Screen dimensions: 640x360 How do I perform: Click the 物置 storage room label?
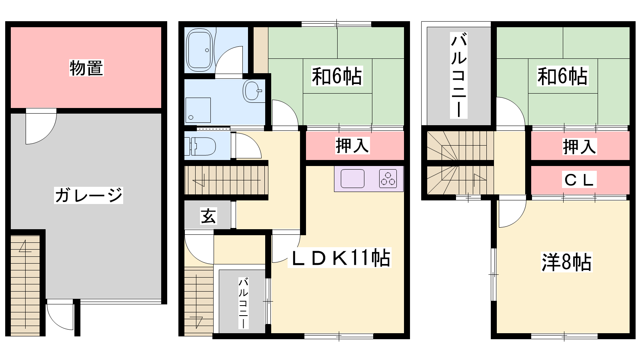coord(86,68)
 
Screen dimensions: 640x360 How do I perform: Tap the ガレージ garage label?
coord(88,196)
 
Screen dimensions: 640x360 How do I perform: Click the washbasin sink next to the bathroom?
coord(252,91)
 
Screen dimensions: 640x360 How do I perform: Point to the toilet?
coord(200,146)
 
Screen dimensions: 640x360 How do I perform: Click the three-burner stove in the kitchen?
coord(388,178)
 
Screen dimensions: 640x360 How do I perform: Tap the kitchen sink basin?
coord(352,178)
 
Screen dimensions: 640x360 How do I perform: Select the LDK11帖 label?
coord(340,258)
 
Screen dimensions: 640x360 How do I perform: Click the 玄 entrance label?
coord(208,216)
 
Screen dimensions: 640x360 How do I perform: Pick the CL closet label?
coord(579,180)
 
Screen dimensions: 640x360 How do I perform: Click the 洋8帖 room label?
coord(566,262)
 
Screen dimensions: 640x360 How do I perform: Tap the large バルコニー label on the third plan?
coord(458,75)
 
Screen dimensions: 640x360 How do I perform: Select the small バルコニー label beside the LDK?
coord(244,303)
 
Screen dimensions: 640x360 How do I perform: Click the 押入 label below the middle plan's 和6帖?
coord(352,146)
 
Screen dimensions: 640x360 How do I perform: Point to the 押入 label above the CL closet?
coord(580,146)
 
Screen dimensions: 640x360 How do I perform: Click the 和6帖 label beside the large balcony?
coord(562,76)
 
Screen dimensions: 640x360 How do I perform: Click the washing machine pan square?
coord(198,110)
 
